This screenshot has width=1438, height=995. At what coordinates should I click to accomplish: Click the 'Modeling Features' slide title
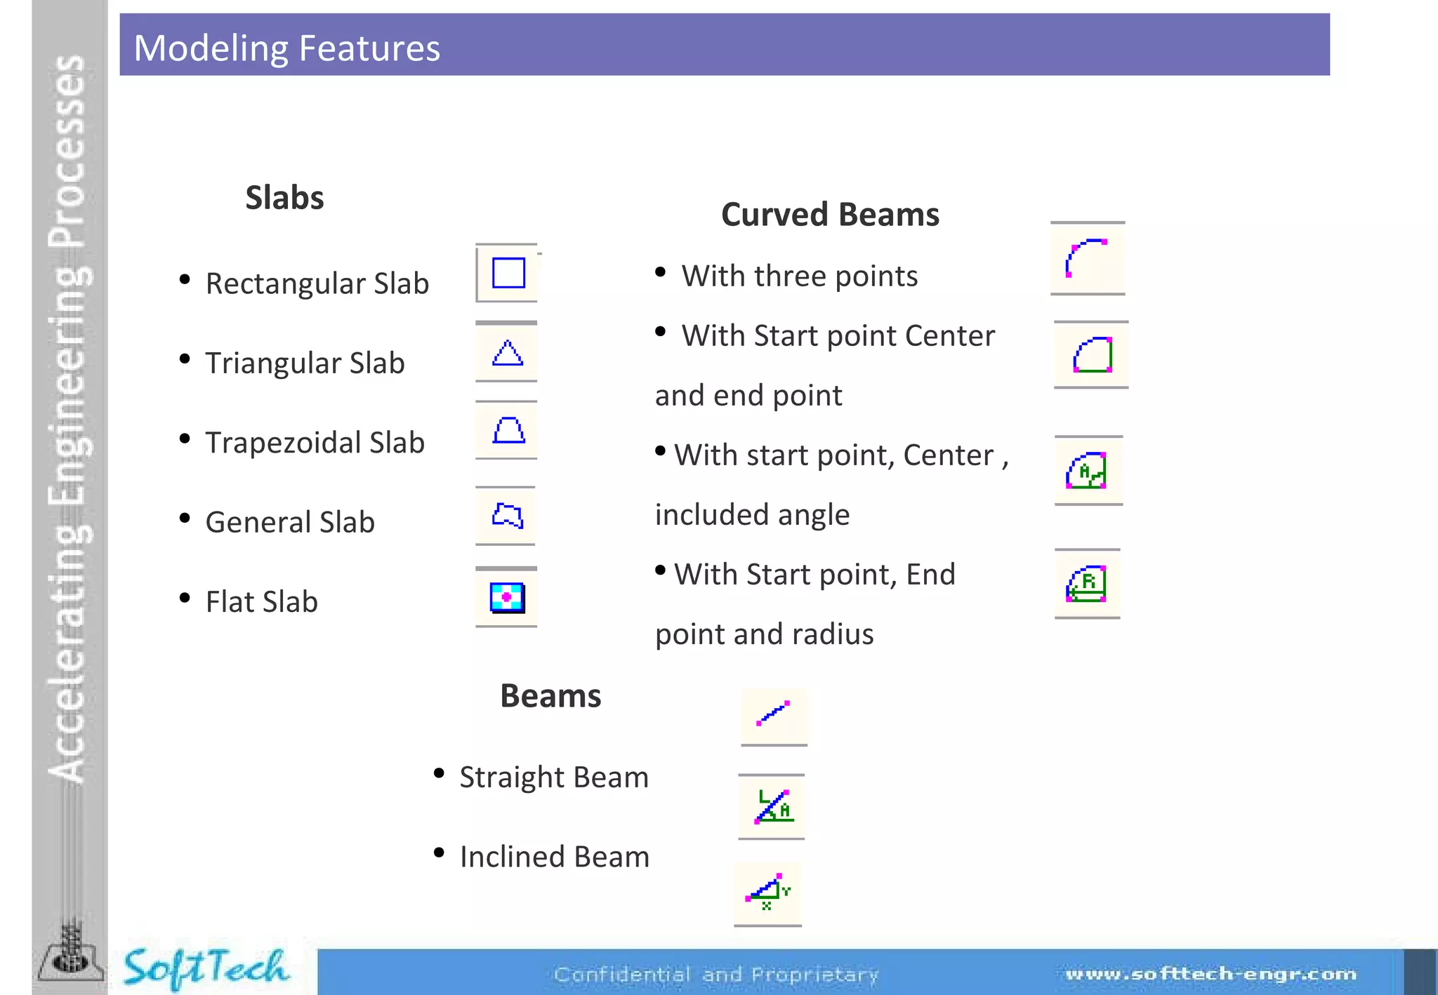[x=286, y=48]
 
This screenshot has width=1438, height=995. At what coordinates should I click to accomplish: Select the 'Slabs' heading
[x=284, y=198]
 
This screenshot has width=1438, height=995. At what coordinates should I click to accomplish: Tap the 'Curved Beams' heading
[x=830, y=215]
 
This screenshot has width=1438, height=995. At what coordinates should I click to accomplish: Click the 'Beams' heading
[x=550, y=696]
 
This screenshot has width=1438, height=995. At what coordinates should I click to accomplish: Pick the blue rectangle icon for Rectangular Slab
[x=508, y=273]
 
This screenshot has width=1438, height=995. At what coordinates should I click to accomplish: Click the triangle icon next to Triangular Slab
[x=507, y=353]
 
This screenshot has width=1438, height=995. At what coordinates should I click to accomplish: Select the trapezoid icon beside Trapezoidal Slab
[x=508, y=430]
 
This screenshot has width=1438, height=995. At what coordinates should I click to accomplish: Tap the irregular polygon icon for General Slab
[x=507, y=516]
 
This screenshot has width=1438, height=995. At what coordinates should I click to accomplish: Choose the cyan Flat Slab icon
[x=507, y=598]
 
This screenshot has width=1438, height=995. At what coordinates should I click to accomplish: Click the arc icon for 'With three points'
[x=1086, y=258]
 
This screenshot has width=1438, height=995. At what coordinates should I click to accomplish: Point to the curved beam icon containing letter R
[x=1086, y=584]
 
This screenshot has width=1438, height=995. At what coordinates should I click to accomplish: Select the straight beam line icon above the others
[x=773, y=714]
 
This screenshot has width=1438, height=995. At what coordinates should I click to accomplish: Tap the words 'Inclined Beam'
[x=555, y=857]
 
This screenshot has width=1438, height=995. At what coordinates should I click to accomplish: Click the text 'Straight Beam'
[x=554, y=777]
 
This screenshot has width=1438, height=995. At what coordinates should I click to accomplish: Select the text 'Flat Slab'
[x=261, y=602]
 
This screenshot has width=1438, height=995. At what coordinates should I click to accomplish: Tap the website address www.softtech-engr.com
[x=1211, y=974]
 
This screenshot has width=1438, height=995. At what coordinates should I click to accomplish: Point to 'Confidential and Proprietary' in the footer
[x=716, y=975]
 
